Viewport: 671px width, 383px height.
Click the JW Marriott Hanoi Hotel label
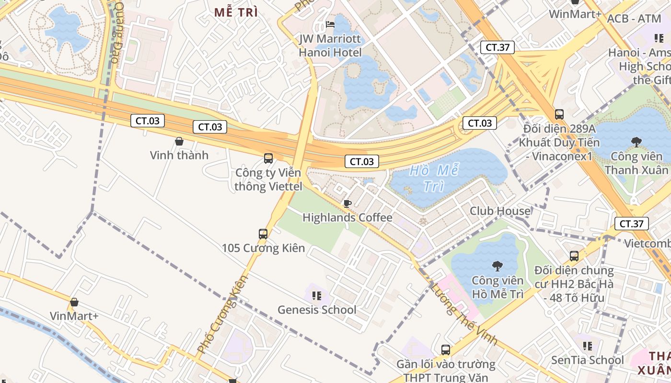pyautogui.click(x=330, y=45)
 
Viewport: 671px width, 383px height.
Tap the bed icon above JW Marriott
pyautogui.click(x=330, y=24)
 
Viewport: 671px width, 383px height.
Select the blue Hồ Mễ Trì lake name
pyautogui.click(x=435, y=178)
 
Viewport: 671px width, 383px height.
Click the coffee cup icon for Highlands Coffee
pyautogui.click(x=347, y=204)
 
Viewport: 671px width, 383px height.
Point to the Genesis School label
pyautogui.click(x=317, y=310)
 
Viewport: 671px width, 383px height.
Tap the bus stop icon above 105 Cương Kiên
pyautogui.click(x=263, y=234)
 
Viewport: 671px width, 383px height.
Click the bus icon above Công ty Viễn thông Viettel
pyautogui.click(x=268, y=158)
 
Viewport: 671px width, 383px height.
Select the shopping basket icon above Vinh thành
pyautogui.click(x=179, y=141)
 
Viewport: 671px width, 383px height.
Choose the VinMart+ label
pyautogui.click(x=74, y=316)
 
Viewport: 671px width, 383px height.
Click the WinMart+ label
pyautogui.click(x=575, y=14)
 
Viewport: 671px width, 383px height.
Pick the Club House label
pyautogui.click(x=500, y=211)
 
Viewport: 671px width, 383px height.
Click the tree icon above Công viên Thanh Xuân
pyautogui.click(x=636, y=142)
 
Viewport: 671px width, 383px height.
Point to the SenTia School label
pyautogui.click(x=587, y=360)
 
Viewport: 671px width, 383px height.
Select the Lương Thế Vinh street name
pyautogui.click(x=464, y=314)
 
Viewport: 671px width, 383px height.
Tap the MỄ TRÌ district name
pyautogui.click(x=236, y=13)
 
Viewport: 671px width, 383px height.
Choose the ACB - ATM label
pyautogui.click(x=634, y=19)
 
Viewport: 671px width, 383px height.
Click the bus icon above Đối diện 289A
pyautogui.click(x=559, y=114)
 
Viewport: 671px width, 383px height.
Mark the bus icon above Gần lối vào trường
pyautogui.click(x=446, y=350)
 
